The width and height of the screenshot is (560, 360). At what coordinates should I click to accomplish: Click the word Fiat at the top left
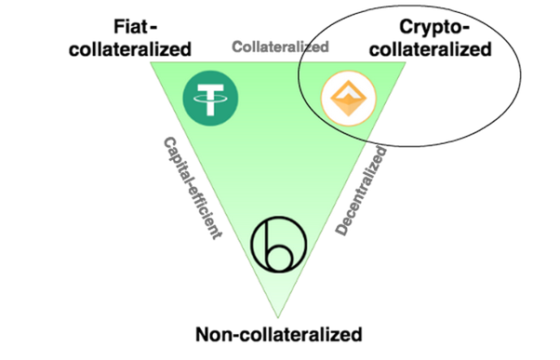130,27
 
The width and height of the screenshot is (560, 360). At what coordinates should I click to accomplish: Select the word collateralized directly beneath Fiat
130,49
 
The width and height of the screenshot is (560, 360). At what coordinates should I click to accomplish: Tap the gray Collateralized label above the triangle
280,47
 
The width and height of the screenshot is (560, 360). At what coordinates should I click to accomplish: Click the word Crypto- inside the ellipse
433,28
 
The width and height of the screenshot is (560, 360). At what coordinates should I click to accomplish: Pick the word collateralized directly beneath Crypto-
431,49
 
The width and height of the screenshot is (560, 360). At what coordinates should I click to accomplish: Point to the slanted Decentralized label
361,191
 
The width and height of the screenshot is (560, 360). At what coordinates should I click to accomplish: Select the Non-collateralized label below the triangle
279,335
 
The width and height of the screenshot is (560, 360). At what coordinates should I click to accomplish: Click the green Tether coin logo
211,99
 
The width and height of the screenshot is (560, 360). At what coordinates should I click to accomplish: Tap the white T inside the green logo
211,100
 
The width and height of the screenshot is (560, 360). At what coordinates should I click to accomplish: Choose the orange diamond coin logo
349,99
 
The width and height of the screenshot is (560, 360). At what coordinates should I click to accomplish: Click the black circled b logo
279,245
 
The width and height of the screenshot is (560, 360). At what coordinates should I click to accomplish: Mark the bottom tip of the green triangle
278,317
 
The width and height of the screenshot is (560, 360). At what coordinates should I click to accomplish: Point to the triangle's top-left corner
151,62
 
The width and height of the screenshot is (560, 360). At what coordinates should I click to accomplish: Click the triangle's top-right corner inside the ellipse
407,62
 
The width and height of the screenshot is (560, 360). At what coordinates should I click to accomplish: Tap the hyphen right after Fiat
153,28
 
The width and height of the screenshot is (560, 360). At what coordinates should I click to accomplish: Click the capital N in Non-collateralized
203,335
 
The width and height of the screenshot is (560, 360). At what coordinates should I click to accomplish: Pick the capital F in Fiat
119,27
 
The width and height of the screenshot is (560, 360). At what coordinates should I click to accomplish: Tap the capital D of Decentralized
341,228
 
